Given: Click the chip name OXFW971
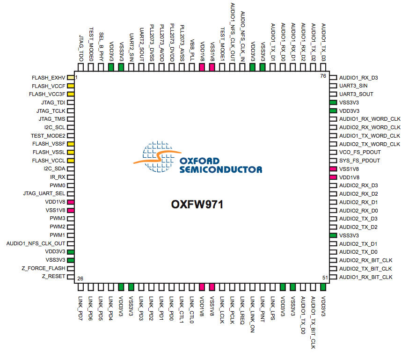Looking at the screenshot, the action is (x=197, y=205).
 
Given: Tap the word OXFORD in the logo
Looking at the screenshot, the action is (x=199, y=161).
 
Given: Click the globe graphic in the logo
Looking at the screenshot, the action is (x=158, y=157).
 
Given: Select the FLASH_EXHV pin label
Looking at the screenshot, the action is (x=48, y=78).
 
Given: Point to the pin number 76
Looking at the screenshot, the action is (x=323, y=76).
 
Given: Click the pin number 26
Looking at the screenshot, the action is (x=80, y=279).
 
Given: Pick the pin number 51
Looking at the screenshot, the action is (x=325, y=278).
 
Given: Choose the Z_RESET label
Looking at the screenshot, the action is (x=53, y=276).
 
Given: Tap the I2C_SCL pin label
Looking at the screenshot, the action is (x=55, y=127).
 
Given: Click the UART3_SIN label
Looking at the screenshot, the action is (x=353, y=86).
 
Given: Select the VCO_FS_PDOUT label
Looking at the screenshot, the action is (x=360, y=152).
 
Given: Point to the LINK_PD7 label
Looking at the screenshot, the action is (x=80, y=308).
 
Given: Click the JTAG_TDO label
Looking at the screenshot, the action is (x=81, y=48).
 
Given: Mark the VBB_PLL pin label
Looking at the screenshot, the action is (x=192, y=51).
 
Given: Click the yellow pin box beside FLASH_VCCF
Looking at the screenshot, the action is (x=71, y=86).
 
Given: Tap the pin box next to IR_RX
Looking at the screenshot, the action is (x=71, y=177).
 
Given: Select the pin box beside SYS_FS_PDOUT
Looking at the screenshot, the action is (x=333, y=161).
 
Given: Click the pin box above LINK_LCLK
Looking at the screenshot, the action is (x=222, y=287).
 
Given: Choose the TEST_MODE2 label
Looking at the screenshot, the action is (x=48, y=136).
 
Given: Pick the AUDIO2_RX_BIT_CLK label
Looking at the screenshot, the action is (x=365, y=260).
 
